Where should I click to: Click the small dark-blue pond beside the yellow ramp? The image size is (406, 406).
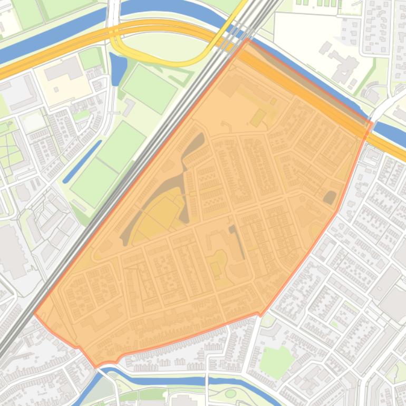[118, 69]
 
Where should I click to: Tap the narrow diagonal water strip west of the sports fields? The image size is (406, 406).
[82, 161]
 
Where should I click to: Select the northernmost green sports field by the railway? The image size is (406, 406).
[150, 88]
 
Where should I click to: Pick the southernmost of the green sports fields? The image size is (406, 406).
[94, 182]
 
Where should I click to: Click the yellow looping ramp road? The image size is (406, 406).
[158, 58]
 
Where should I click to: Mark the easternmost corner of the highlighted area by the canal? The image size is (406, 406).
[372, 124]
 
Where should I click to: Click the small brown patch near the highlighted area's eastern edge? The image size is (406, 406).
[330, 198]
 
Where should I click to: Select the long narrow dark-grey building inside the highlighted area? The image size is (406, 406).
[238, 243]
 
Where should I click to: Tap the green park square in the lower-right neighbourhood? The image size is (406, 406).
[276, 361]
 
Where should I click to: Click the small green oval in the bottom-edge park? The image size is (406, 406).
[230, 393]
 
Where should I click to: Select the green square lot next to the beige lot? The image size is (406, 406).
[90, 58]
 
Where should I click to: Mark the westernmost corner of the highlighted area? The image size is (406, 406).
[35, 314]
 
